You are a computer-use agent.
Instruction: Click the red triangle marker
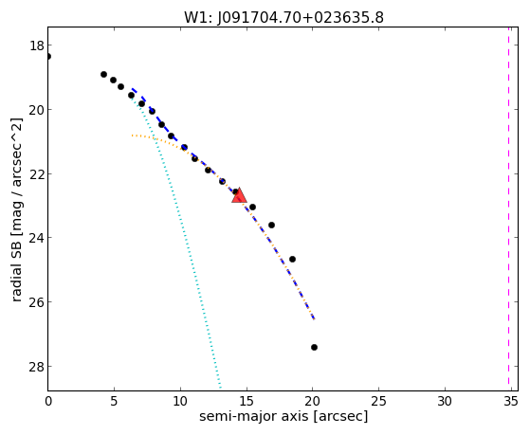point(239,195)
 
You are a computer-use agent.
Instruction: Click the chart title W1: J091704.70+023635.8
point(283,18)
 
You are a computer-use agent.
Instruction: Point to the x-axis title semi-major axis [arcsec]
point(283,416)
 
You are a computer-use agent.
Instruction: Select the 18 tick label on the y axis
point(36,45)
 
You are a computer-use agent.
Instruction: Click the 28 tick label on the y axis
point(36,367)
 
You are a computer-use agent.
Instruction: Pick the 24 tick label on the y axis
point(36,238)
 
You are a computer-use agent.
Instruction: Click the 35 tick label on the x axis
point(511,401)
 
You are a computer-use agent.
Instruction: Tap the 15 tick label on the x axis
point(247,401)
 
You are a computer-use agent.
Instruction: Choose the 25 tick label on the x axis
point(378,401)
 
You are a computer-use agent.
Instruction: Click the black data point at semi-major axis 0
point(48,56)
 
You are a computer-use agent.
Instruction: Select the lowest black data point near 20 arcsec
point(314,347)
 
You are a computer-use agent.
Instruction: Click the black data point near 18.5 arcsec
point(292,260)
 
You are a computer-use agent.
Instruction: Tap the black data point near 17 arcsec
point(271,225)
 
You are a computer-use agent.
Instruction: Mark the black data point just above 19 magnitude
point(103,74)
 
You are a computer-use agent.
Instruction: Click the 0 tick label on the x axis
point(48,401)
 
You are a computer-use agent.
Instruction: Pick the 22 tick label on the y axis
point(36,174)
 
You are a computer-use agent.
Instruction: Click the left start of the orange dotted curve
point(133,136)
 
